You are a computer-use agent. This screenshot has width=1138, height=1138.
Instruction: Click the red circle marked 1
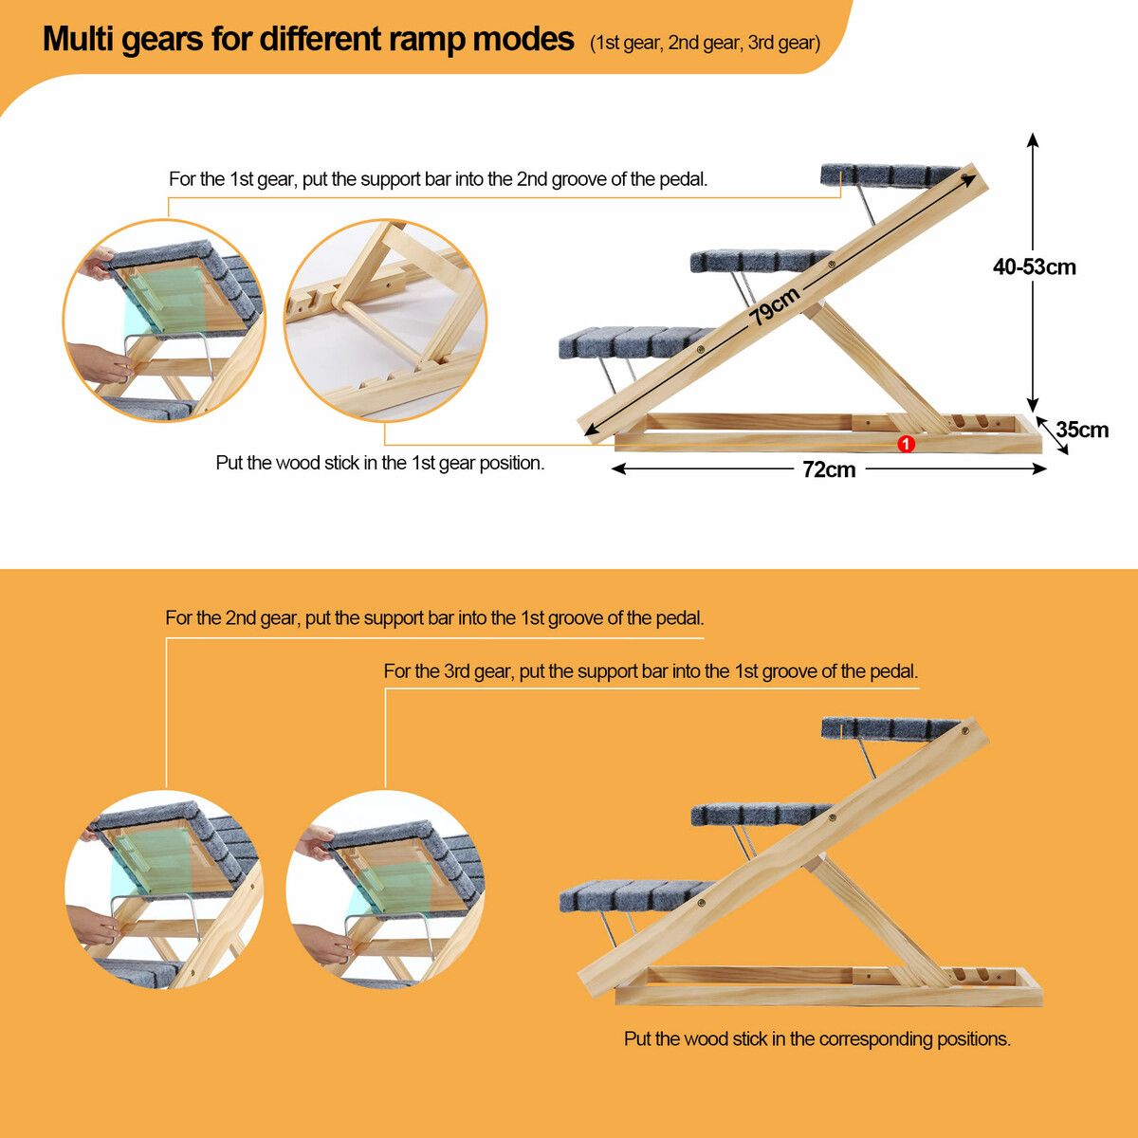(x=906, y=444)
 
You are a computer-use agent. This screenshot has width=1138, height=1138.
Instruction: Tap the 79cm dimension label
(x=774, y=306)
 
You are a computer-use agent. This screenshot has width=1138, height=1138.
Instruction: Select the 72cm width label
(x=829, y=469)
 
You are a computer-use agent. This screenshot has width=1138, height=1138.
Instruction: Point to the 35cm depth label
(x=1082, y=430)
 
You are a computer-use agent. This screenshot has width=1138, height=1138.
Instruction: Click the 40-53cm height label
(x=1034, y=266)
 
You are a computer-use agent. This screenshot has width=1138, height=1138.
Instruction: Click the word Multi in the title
(x=79, y=40)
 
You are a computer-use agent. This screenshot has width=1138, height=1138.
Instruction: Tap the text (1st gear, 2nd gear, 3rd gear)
(x=706, y=43)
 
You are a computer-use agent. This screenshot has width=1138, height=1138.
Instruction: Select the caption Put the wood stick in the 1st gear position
(x=379, y=463)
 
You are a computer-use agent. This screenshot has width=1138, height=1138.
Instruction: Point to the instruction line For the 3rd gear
(x=651, y=671)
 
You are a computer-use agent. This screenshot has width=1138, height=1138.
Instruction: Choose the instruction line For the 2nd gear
(x=434, y=618)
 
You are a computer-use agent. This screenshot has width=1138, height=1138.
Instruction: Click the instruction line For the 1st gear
(x=438, y=179)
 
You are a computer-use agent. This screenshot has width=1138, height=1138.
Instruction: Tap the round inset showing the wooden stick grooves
(x=385, y=321)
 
